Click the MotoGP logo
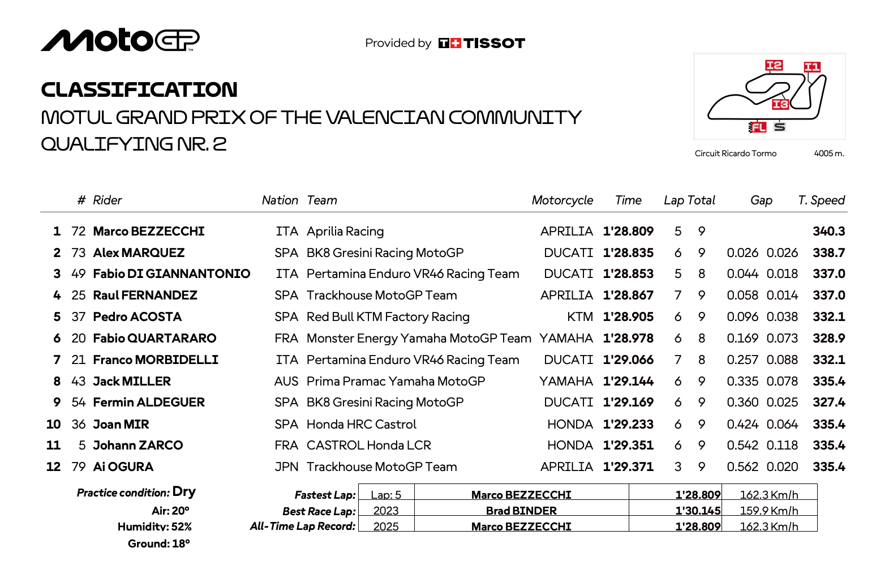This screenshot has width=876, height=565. click(120, 40)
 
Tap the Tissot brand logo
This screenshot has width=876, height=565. click(482, 43)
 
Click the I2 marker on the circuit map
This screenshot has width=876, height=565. click(774, 66)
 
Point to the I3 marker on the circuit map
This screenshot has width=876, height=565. click(780, 104)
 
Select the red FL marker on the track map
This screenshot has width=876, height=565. click(757, 127)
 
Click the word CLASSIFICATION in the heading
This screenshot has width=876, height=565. click(139, 89)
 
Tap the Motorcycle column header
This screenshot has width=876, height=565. click(562, 200)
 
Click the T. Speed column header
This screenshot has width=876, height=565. click(821, 200)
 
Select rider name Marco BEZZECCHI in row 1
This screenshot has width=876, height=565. click(149, 232)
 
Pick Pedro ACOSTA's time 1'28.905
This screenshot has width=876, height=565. click(628, 317)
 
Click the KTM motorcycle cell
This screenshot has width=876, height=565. click(580, 317)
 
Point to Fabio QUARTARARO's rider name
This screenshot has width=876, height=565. click(154, 339)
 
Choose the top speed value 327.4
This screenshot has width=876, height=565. click(828, 403)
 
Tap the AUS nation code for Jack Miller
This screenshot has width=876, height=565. click(286, 382)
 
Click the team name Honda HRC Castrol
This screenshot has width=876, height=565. click(361, 425)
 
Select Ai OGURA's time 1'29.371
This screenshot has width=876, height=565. click(628, 467)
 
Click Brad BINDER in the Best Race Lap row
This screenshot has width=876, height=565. click(521, 511)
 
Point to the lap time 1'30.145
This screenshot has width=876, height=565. click(698, 511)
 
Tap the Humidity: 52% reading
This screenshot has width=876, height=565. click(154, 527)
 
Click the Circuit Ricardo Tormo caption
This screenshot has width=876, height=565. click(735, 153)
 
